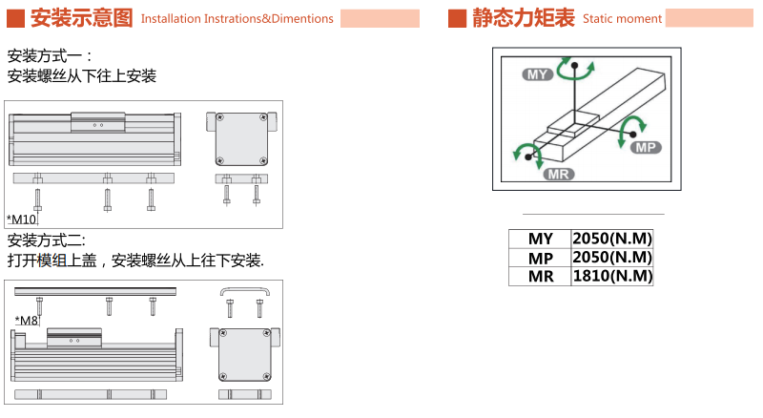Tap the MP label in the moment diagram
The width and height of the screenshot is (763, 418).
click(x=646, y=146)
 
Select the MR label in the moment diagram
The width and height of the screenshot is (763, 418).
click(x=557, y=174)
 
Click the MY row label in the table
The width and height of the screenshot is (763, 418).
click(x=540, y=239)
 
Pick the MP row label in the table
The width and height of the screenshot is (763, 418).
click(x=540, y=258)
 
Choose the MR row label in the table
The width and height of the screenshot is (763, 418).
click(x=540, y=276)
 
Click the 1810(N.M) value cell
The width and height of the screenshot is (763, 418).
click(x=611, y=276)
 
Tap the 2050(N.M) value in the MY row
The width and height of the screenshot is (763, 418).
click(x=611, y=239)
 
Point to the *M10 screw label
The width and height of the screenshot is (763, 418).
click(x=21, y=220)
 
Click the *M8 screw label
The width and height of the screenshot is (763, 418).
click(x=27, y=321)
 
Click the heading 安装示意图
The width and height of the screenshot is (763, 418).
click(x=82, y=17)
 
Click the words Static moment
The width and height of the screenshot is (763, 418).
click(x=622, y=18)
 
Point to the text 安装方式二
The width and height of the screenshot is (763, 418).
click(x=47, y=240)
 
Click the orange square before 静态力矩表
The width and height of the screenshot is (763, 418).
click(x=457, y=17)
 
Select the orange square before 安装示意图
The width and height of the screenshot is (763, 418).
click(x=14, y=17)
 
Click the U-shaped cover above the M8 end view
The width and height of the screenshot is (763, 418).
click(x=245, y=290)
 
